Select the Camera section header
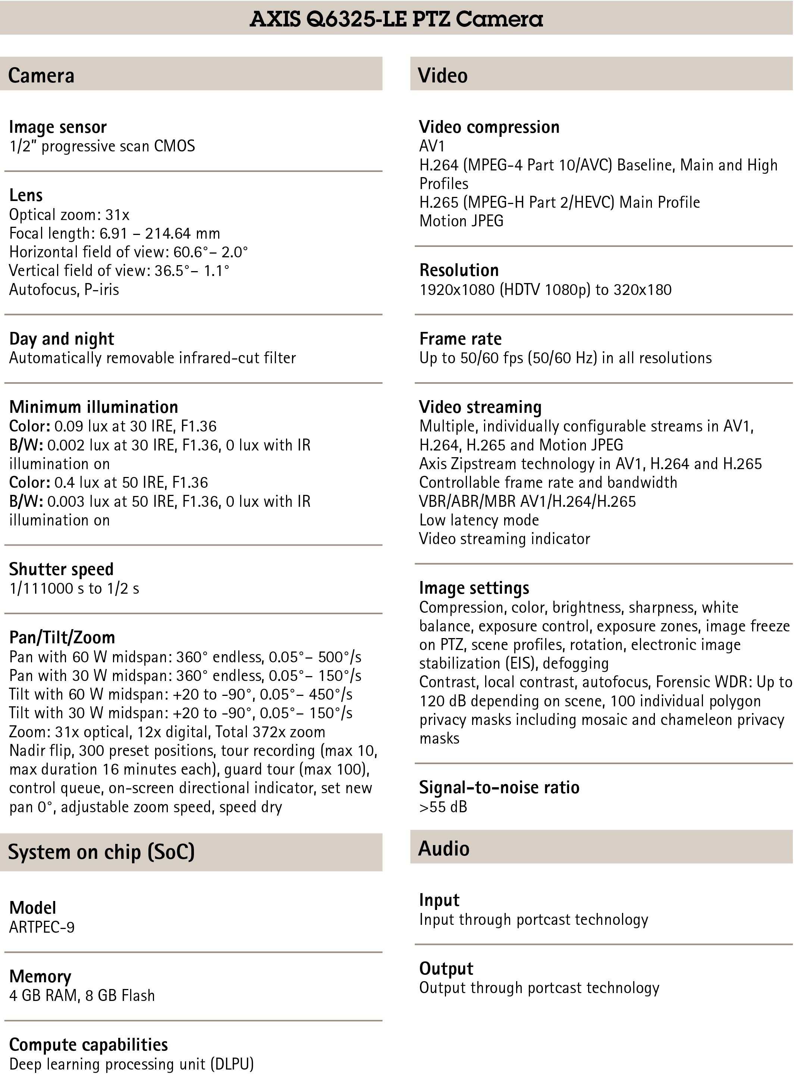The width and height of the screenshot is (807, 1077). pyautogui.click(x=41, y=75)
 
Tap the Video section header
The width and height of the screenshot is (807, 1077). pyautogui.click(x=442, y=75)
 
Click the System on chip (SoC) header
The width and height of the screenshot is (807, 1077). pyautogui.click(x=101, y=852)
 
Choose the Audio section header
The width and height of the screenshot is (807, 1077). pyautogui.click(x=444, y=848)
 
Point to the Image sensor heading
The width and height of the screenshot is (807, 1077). pyautogui.click(x=57, y=127)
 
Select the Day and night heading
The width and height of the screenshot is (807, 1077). pyautogui.click(x=62, y=339)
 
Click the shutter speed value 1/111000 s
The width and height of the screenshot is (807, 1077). pyautogui.click(x=47, y=588)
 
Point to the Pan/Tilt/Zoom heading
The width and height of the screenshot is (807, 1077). pyautogui.click(x=62, y=637)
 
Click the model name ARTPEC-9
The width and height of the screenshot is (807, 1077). pyautogui.click(x=42, y=927)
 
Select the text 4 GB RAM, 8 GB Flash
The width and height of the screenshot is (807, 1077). pyautogui.click(x=82, y=995)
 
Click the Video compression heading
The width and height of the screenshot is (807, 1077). pyautogui.click(x=489, y=127)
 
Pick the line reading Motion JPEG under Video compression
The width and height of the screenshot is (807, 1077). pyautogui.click(x=461, y=221)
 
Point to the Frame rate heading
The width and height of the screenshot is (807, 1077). pyautogui.click(x=460, y=339)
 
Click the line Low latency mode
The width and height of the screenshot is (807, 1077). pyautogui.click(x=479, y=520)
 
